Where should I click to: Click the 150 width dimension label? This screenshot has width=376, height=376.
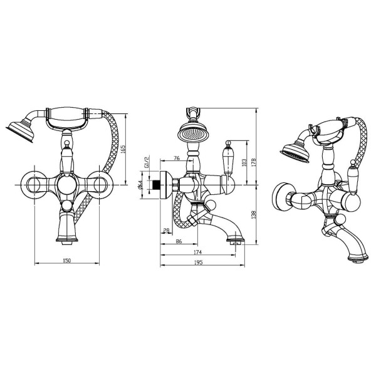(x=67, y=261)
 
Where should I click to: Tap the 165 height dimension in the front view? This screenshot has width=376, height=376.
(x=123, y=150)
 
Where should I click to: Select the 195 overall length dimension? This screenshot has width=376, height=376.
(x=199, y=263)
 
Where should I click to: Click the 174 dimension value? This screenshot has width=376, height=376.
(x=198, y=252)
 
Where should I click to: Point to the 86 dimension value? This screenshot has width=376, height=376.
(x=179, y=241)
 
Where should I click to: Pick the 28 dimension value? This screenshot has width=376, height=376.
(x=166, y=231)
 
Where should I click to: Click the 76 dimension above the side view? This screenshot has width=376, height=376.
(x=177, y=158)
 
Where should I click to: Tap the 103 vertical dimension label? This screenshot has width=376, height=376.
(x=244, y=162)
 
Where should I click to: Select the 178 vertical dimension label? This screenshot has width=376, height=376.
(x=254, y=162)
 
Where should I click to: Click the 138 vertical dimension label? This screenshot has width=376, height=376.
(x=254, y=214)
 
